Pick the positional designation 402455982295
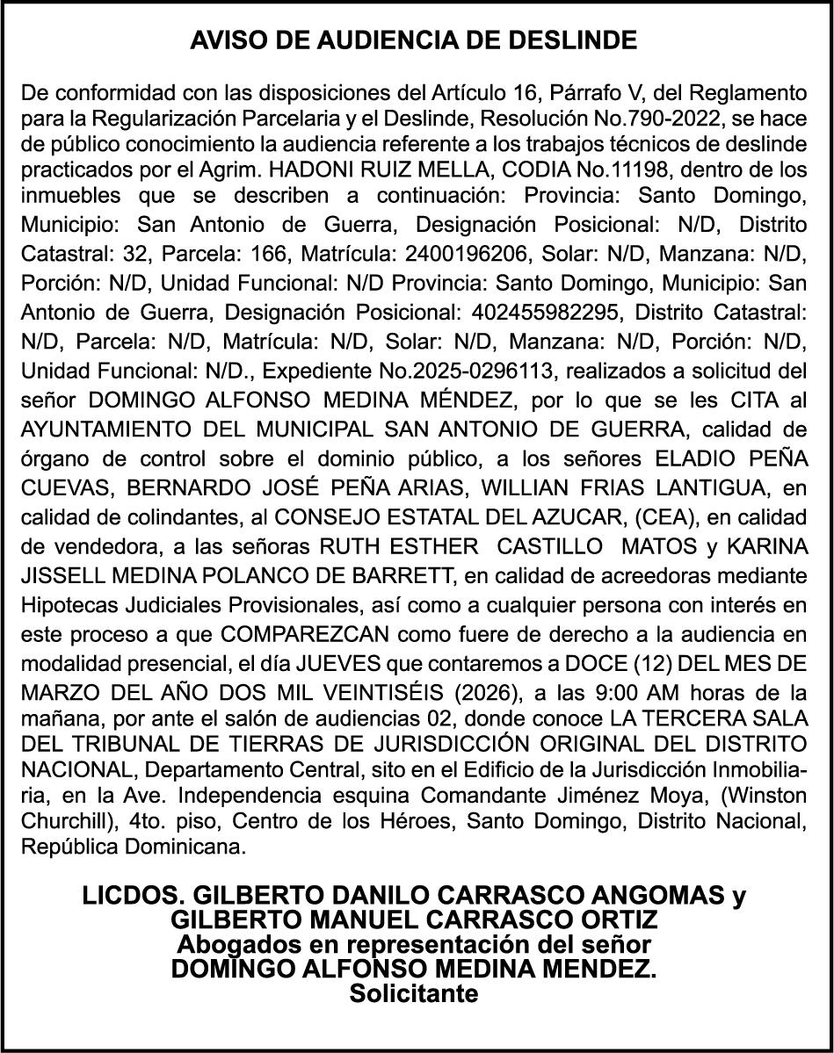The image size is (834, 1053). coord(513,314)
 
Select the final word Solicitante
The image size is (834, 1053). coord(415,994)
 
